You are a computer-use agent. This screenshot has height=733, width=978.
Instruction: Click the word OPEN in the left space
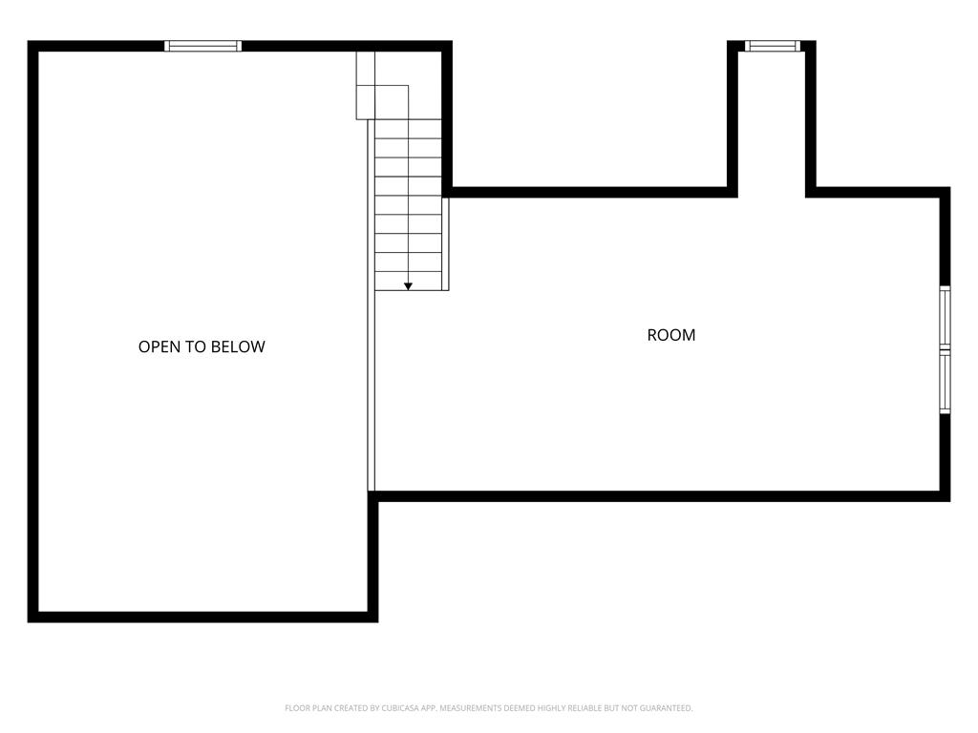pos(159,346)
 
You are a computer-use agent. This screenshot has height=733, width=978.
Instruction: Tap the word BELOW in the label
pos(239,346)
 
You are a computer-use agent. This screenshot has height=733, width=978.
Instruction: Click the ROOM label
pos(671,335)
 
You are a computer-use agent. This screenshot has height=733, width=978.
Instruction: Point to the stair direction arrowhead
pos(408,286)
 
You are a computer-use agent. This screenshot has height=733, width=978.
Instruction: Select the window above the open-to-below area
pos(202,46)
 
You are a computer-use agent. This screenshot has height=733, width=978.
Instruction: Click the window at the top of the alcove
pos(772,46)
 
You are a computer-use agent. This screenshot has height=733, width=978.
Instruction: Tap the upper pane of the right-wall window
pos(945,317)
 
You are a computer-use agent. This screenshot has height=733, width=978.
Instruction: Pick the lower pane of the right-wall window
pos(945,384)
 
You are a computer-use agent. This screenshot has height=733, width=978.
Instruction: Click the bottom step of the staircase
pos(409,280)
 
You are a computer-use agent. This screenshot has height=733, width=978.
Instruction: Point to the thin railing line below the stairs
pos(372,391)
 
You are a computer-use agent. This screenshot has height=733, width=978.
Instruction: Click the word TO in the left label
pos(199,346)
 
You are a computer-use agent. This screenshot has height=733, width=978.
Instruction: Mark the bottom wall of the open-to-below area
pos(202,617)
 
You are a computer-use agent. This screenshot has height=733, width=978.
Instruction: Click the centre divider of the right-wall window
pos(945,350)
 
